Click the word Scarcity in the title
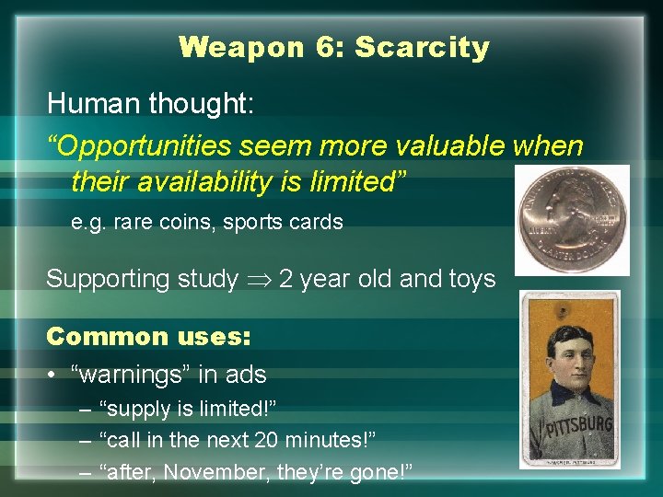tap(422, 47)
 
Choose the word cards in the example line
tap(317, 223)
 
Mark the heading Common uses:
tap(148, 336)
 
